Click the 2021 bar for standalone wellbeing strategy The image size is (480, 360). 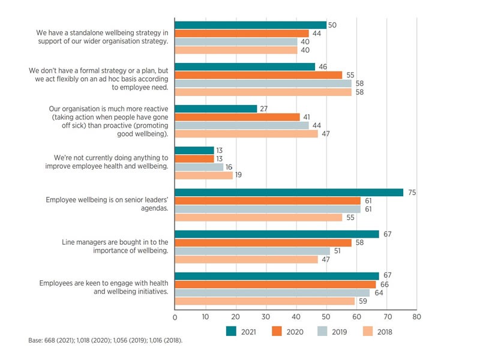(x=250, y=25)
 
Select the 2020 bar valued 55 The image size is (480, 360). (x=258, y=75)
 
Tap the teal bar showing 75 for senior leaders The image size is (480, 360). (x=289, y=192)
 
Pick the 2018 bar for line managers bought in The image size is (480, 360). (x=246, y=259)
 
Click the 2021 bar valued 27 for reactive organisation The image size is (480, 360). (x=215, y=109)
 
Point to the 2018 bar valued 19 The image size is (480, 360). (x=203, y=176)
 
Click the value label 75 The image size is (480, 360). (x=412, y=192)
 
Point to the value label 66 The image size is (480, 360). (x=383, y=284)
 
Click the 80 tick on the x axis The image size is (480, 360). (x=417, y=317)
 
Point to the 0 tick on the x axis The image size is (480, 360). (x=175, y=317)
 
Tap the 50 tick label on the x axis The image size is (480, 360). (x=326, y=317)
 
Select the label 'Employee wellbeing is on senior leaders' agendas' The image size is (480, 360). (x=107, y=205)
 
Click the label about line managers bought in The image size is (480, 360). (x=115, y=247)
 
